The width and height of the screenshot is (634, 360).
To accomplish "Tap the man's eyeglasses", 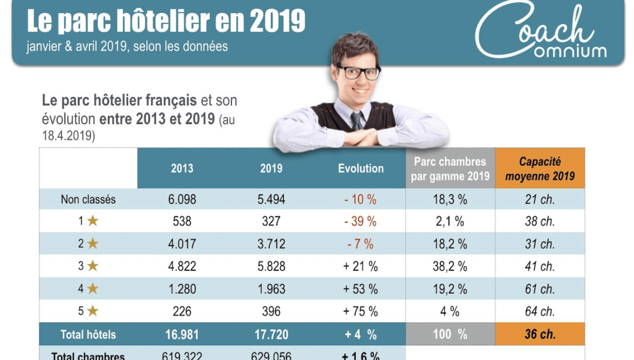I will coord(358,72).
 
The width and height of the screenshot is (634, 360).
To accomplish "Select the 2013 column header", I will coord(182,169).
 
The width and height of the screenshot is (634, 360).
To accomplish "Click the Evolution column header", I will coord(360,169).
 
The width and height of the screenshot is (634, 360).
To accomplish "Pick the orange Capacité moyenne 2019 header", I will coord(540,169).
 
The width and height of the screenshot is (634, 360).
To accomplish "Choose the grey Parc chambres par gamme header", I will coord(450,169).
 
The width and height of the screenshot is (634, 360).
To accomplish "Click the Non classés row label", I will coord(88,199).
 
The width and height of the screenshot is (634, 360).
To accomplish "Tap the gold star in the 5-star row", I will coord(93,311).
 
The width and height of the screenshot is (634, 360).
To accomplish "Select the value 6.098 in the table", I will coord(182,199).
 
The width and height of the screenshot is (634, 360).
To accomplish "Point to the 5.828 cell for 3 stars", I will coord(271,266).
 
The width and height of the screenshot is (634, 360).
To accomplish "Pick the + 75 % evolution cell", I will coord(360,311).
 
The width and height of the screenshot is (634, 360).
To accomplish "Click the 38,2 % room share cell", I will coord(450,266).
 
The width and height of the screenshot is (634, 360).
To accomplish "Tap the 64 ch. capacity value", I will coord(540,311).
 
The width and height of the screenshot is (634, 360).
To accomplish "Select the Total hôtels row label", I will coord(88,334).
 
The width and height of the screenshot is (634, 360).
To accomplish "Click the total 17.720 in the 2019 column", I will coord(271,334).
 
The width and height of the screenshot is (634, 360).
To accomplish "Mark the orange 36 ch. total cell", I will coord(540,334).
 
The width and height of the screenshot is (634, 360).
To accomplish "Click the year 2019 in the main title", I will coord(277,22).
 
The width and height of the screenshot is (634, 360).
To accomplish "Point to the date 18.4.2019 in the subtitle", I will coord(69,136).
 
